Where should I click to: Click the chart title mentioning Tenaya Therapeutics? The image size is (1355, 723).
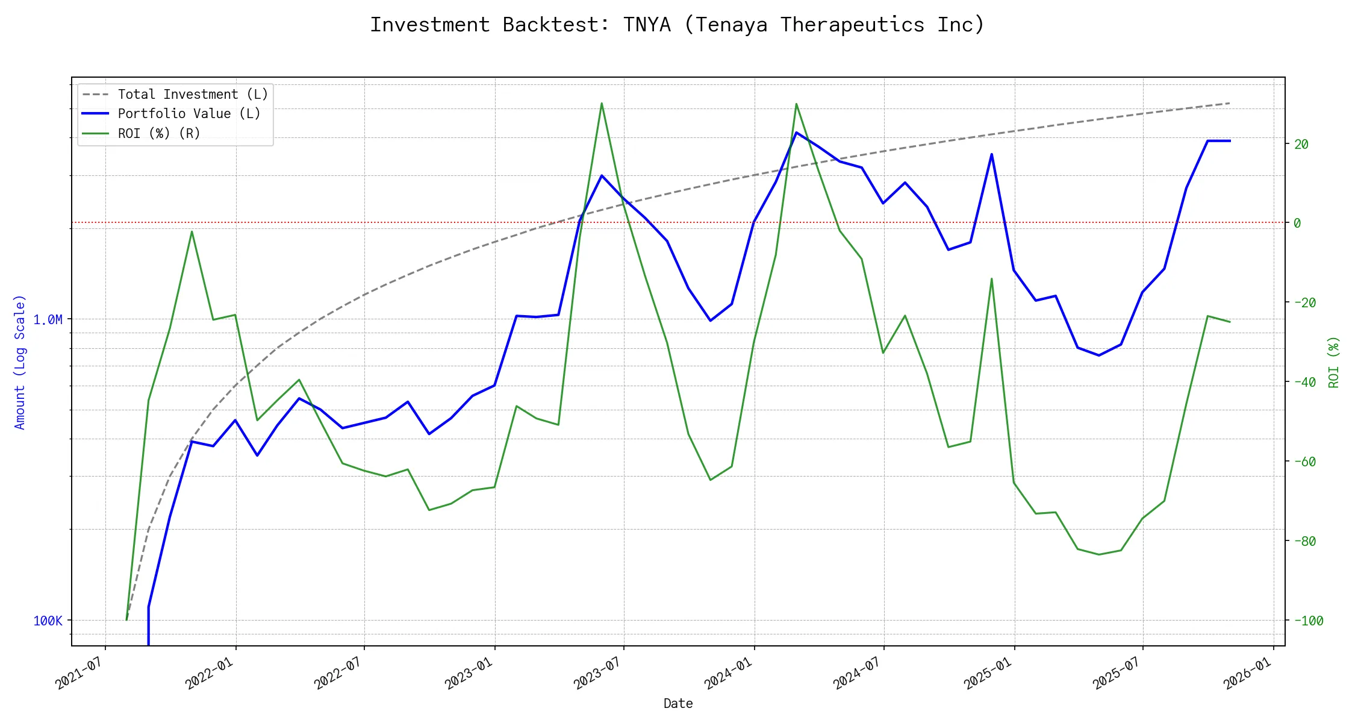point(677,25)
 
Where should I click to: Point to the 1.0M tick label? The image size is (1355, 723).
point(48,319)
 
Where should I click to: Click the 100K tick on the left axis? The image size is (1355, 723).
point(48,621)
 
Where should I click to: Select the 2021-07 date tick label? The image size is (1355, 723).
point(79,673)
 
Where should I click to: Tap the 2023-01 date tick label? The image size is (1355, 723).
point(469,673)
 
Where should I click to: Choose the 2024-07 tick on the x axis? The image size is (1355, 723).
point(858,673)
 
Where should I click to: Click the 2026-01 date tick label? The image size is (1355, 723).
point(1247,673)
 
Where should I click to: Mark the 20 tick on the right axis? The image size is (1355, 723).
point(1301,144)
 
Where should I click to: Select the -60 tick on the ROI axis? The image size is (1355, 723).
point(1304,462)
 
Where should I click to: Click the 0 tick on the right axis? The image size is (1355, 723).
point(1298,223)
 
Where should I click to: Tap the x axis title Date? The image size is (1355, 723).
point(678,703)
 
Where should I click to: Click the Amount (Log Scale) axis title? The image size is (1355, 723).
point(20,361)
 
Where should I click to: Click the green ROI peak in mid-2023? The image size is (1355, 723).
point(602,104)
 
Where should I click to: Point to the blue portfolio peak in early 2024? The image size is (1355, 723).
point(796,133)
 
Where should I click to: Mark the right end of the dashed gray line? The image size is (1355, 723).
point(1230,104)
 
